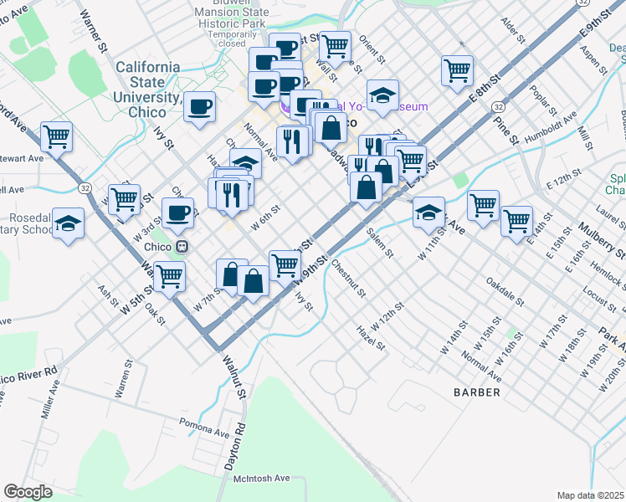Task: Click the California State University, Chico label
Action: pyautogui.click(x=147, y=82)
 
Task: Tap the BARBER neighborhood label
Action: pyautogui.click(x=477, y=392)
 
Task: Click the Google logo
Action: pyautogui.click(x=28, y=491)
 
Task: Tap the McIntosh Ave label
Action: pyautogui.click(x=261, y=478)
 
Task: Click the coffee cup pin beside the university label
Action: pyautogui.click(x=200, y=106)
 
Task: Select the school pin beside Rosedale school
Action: pyautogui.click(x=68, y=223)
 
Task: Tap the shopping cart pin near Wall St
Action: pyautogui.click(x=335, y=46)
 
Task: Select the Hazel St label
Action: pyautogui.click(x=370, y=338)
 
